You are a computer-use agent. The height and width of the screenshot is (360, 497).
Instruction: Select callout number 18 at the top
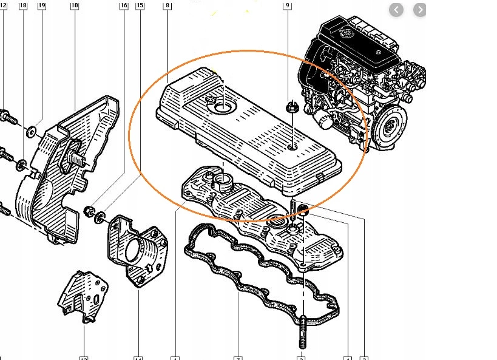click(23, 5)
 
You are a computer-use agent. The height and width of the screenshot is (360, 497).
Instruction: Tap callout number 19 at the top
click(41, 5)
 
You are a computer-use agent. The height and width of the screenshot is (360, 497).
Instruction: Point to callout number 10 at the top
click(75, 5)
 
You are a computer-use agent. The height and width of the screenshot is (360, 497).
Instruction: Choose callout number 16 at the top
click(124, 5)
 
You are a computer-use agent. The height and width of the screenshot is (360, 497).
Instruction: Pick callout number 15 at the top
click(140, 5)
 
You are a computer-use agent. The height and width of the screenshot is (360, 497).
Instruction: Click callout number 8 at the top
click(167, 5)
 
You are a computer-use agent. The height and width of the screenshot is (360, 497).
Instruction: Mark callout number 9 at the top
click(288, 5)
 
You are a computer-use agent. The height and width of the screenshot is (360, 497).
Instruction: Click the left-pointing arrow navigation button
click(396, 10)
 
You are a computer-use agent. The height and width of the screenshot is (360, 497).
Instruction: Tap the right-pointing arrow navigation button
click(419, 10)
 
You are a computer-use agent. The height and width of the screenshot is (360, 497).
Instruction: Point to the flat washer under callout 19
click(30, 130)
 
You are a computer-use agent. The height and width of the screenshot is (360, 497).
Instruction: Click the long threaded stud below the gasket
click(301, 328)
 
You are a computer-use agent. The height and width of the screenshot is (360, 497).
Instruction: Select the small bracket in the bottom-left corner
click(83, 297)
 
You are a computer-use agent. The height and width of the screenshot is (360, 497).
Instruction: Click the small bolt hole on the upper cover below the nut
click(292, 147)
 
